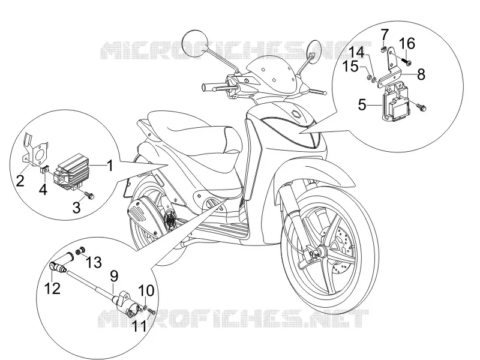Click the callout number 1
[x=110, y=166]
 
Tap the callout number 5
[x=362, y=105]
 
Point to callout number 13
[x=94, y=262]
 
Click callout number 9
[x=113, y=277]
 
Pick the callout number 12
[x=52, y=289]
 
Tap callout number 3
[x=77, y=207]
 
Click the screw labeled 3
[x=91, y=196]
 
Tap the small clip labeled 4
[x=44, y=169]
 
